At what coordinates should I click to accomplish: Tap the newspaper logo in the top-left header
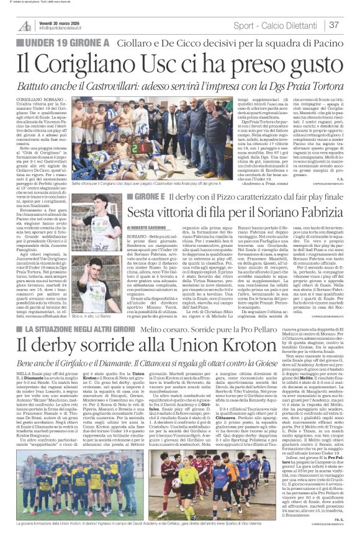(x=25, y=25)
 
